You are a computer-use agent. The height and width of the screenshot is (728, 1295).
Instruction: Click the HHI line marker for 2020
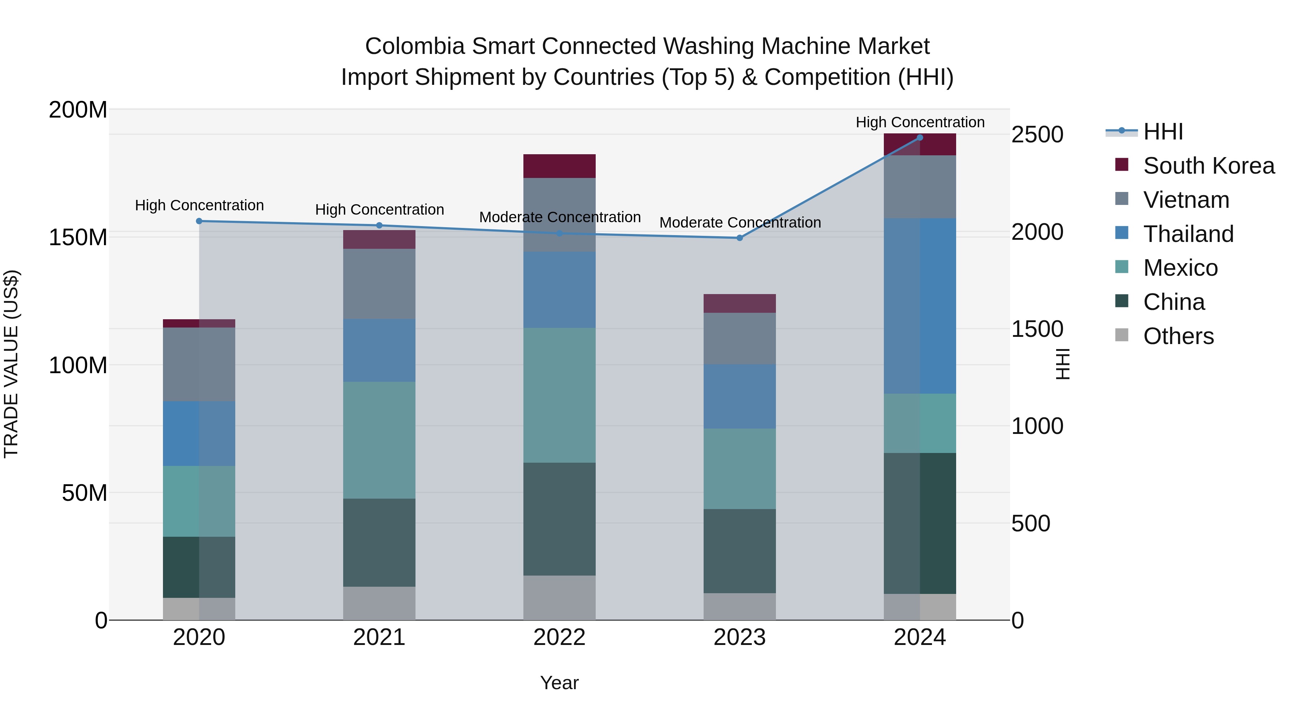pos(199,221)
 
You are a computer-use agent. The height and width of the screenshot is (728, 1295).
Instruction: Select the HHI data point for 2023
pos(740,238)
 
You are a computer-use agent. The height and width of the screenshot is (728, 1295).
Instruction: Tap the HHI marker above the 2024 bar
pos(919,138)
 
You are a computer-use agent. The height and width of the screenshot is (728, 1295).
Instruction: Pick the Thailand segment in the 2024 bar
pos(919,306)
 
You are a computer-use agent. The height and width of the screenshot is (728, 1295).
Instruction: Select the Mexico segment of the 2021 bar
pos(379,440)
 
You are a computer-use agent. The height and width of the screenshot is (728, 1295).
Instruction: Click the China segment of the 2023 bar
pos(740,551)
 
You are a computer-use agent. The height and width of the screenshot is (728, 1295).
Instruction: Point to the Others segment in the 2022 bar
pos(559,598)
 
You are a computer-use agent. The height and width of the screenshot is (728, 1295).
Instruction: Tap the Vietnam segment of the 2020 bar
pos(199,364)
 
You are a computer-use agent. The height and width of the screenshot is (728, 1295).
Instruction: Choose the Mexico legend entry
pos(1180,268)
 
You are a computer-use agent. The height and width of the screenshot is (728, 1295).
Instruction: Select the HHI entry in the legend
pos(1163,132)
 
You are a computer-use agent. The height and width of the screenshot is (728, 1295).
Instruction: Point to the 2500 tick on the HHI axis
pos(1037,135)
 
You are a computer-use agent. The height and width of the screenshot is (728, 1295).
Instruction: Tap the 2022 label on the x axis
pos(559,637)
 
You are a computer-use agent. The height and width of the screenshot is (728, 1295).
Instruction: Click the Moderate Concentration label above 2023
pos(740,222)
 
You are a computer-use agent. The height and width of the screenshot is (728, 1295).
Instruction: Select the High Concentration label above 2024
pos(919,122)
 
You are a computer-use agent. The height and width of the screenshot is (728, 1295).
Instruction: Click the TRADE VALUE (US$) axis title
pos(12,364)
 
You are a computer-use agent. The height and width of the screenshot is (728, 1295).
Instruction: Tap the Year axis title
pos(559,683)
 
